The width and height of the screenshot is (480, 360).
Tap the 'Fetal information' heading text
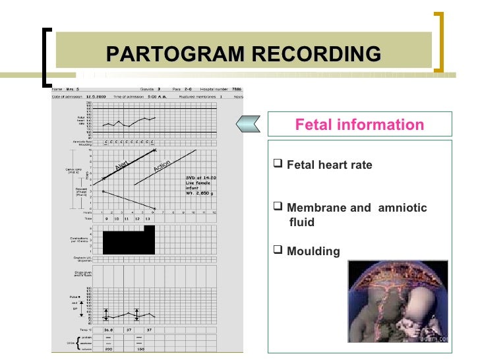coord(359,125)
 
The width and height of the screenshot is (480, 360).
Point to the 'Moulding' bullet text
coord(313,251)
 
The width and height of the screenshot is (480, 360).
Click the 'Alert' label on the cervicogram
coord(121,164)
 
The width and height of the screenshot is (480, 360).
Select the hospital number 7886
coord(239,90)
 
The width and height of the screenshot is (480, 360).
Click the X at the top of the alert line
coord(154,150)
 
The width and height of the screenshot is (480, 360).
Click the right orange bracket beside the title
coord(438,42)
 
